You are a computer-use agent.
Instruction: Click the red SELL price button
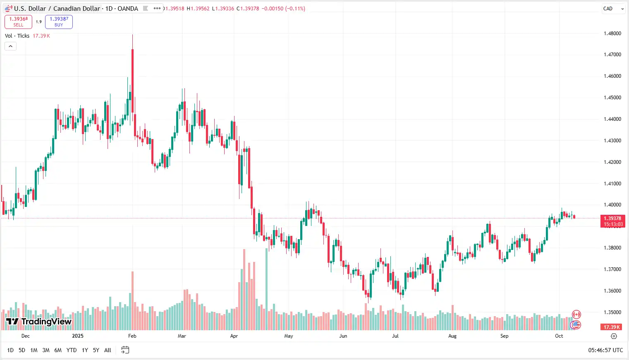coord(18,22)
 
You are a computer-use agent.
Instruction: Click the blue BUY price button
coord(59,22)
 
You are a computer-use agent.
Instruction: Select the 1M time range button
coord(34,350)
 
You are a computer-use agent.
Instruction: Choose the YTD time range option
coord(72,350)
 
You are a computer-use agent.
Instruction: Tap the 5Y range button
coord(96,350)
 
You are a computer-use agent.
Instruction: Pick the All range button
coord(108,350)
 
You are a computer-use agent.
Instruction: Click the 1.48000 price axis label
coord(612,34)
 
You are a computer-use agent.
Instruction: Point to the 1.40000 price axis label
coord(612,205)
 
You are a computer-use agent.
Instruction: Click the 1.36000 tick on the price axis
coord(612,291)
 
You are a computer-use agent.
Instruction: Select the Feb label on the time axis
coord(132,336)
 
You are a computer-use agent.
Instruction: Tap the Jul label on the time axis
coord(395,336)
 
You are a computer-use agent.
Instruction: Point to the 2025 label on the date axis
coord(78,336)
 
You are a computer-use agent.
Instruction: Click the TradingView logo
coord(39,322)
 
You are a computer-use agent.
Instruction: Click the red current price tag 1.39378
coord(612,218)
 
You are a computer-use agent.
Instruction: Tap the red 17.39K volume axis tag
coord(612,327)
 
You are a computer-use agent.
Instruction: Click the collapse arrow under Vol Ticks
coord(10,46)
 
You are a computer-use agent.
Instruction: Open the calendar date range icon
coord(125,350)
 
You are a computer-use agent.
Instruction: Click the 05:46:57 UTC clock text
coord(605,350)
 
